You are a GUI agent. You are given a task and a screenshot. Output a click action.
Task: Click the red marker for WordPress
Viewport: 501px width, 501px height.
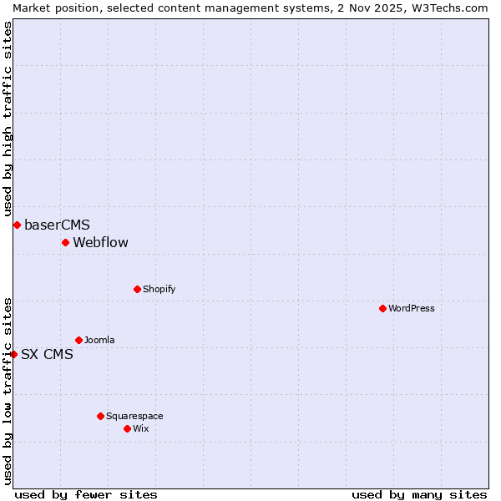382,308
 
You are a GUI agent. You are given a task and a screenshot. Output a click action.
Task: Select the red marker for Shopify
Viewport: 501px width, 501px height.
137,289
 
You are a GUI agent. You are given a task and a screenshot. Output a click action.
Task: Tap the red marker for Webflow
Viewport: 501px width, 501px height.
65,243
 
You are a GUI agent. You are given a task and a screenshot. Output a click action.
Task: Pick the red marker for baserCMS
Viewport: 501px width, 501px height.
17,225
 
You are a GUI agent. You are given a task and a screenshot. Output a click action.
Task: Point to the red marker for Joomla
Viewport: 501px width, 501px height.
78,340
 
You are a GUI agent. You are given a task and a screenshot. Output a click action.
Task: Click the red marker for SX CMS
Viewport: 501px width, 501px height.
13,354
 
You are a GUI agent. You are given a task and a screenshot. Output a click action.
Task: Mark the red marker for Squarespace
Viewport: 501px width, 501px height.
100,416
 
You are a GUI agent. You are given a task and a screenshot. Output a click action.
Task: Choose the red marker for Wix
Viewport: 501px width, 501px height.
127,428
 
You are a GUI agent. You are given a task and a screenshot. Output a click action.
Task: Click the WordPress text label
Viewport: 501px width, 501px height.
412,308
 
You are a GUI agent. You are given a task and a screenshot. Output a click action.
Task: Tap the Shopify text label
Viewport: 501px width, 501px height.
159,289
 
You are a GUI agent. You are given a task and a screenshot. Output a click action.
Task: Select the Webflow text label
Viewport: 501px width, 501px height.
100,243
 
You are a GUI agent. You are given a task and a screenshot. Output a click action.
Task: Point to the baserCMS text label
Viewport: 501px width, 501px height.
57,225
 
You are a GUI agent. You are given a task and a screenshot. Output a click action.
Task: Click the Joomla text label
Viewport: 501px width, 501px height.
99,340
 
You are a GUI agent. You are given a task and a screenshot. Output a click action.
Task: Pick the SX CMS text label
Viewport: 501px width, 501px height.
47,354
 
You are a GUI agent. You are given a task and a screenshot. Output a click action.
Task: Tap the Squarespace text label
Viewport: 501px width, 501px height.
134,416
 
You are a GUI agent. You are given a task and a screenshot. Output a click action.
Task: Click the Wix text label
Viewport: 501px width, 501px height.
141,428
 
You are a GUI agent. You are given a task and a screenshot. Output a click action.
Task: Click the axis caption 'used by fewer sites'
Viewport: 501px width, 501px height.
86,494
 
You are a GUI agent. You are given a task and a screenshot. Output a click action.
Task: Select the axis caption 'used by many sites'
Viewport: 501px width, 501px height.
419,494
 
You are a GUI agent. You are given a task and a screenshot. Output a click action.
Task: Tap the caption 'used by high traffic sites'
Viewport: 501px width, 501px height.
8,119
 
